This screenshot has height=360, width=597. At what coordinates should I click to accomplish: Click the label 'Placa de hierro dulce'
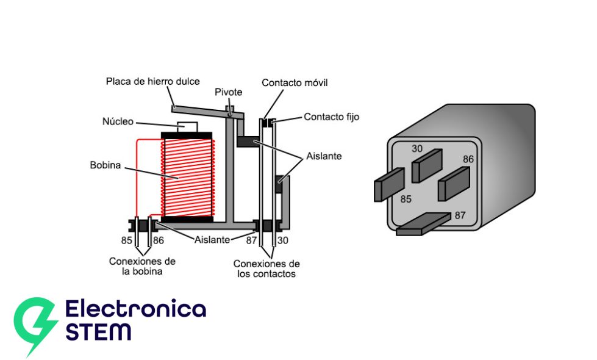coord(152,82)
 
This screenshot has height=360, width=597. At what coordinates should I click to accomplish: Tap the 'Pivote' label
coord(229,92)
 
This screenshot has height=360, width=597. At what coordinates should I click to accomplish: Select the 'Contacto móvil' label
coord(295,83)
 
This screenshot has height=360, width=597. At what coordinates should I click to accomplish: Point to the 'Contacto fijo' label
coord(332,117)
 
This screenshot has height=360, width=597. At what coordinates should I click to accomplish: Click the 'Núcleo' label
coord(118,121)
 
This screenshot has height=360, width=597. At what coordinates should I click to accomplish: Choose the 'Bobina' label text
coord(105,165)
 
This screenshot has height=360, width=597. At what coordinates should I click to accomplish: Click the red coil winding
coord(187,177)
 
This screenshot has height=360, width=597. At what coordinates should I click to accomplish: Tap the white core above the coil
coord(187,127)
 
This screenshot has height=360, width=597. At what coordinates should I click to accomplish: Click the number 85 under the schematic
coord(126,240)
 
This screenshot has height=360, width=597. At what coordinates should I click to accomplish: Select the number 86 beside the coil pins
coord(159,240)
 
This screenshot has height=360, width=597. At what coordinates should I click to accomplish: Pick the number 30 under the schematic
coord(283,240)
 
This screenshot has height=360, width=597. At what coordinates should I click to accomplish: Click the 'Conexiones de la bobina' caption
coord(143,266)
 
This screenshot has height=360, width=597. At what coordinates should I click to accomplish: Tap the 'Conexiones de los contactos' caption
coord(266,268)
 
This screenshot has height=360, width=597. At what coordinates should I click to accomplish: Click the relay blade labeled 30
coord(427,166)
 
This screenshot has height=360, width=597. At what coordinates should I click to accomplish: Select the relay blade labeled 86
coord(454,184)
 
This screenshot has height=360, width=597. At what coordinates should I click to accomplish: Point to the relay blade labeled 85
coord(389,185)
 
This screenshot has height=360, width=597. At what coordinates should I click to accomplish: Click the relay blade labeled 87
coord(423,224)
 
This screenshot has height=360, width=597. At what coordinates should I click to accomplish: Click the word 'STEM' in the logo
coord(98,332)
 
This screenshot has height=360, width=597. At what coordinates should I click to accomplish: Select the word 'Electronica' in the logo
coord(136,309)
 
